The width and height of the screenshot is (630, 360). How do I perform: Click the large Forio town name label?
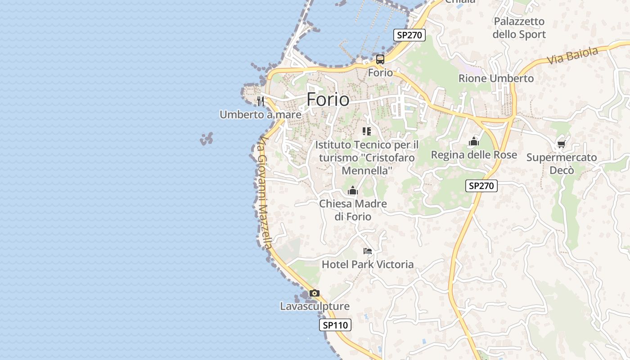(328, 99)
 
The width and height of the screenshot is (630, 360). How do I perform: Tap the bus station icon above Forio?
(380, 59)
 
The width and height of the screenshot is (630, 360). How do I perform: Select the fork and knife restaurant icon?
(260, 100)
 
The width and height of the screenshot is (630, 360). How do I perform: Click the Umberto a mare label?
(260, 115)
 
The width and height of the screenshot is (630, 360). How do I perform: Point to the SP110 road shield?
(335, 325)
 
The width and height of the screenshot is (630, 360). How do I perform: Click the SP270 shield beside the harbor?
(409, 35)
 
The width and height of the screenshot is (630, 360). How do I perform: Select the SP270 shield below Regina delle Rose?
(481, 185)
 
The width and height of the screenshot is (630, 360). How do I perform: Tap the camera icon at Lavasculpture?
(315, 293)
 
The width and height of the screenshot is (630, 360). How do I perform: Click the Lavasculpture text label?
(315, 306)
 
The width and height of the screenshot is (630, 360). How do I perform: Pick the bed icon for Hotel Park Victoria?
(368, 251)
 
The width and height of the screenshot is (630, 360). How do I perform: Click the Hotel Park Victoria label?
(368, 264)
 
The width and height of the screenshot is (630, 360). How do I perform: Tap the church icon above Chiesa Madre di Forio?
(353, 191)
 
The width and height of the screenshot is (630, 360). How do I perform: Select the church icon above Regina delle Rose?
(473, 142)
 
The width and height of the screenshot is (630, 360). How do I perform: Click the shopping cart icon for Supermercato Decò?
(561, 144)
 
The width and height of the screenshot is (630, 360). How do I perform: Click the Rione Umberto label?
(496, 78)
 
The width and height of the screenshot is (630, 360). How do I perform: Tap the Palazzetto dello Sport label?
(519, 28)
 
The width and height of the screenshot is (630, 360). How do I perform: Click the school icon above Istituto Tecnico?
(367, 131)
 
